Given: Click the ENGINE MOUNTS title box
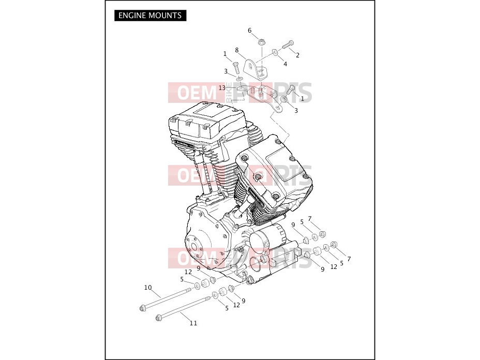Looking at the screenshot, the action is (151, 16).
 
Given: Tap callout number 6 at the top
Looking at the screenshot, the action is (249, 31).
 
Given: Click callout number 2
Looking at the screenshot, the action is (297, 55).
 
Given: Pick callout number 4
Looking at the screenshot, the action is (286, 64).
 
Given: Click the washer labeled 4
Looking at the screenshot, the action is (275, 52).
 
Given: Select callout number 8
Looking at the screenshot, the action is (236, 50).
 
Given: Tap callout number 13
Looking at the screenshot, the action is (222, 88).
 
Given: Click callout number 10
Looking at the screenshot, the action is (148, 288).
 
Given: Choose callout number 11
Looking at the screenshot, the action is (193, 323).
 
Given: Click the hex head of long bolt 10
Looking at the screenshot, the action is (142, 308).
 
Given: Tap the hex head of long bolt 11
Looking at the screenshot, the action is (159, 318).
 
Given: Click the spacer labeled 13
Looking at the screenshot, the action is (242, 89).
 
